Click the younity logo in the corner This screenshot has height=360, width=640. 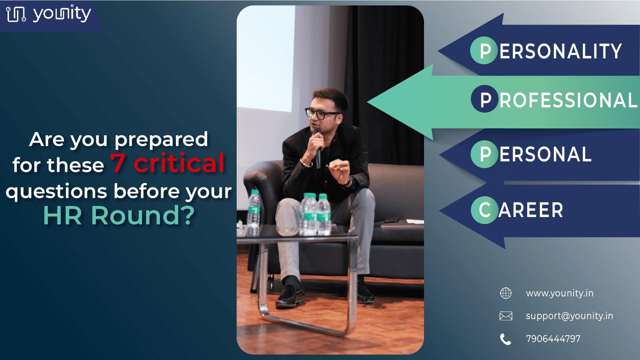coord(49,14)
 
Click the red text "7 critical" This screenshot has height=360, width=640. coord(168,163)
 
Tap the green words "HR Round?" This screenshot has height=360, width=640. coord(119,215)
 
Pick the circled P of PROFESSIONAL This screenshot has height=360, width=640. coord(485,99)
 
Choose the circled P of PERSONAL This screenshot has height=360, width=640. coord(485,154)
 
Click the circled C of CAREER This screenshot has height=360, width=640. coord(485,210)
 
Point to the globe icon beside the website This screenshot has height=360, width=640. coord(506,293)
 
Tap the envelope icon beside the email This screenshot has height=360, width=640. coord(506,316)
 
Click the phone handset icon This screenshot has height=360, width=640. coord(506,339)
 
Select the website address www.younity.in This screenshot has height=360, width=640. coord(560,293)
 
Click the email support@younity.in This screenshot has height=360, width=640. coord(569,316)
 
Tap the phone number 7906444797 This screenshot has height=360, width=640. coord(553,339)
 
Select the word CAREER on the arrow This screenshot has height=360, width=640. coord(531,210)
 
